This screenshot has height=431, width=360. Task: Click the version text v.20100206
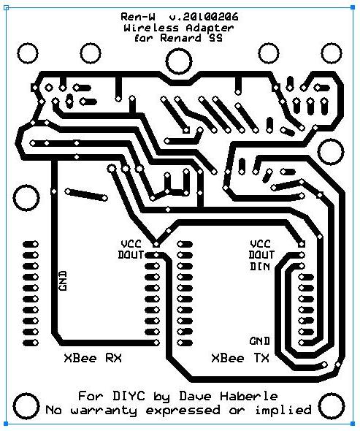[204, 18]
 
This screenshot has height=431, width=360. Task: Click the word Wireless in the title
[151, 28]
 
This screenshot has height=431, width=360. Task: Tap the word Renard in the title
[180, 38]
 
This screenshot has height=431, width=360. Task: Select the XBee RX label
[93, 358]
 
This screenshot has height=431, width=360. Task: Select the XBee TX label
[240, 358]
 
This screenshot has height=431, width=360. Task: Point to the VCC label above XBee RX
[131, 244]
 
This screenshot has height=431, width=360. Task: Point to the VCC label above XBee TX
[261, 244]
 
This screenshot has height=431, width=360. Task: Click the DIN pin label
[260, 267]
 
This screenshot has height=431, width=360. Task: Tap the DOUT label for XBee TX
[261, 255]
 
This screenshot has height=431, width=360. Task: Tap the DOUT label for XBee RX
[131, 255]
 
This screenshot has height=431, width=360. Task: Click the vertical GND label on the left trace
[63, 281]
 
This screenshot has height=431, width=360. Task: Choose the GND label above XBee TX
[260, 341]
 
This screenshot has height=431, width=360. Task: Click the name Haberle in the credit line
[249, 396]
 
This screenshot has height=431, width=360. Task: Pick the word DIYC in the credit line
[129, 396]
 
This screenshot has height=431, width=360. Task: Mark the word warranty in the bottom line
[104, 411]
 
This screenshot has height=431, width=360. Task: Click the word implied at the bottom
[283, 410]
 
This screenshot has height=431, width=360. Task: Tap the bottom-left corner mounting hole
[26, 406]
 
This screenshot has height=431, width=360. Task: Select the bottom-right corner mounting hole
[332, 406]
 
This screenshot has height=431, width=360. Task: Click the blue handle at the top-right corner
[353, 8]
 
